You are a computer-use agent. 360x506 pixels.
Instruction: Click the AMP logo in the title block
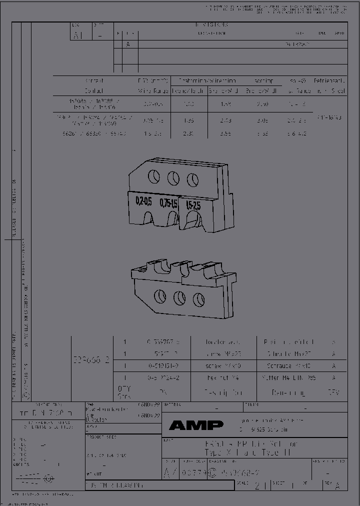click(196, 425)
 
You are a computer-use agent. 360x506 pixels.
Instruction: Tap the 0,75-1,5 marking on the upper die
click(168, 203)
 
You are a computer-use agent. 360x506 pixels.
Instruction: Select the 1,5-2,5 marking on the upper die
click(193, 205)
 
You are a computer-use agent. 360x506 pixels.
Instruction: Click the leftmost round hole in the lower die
click(160, 294)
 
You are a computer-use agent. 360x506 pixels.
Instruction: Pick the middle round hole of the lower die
click(179, 297)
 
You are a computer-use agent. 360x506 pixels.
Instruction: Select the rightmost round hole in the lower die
click(198, 300)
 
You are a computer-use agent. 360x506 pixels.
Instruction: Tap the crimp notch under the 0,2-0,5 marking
click(148, 219)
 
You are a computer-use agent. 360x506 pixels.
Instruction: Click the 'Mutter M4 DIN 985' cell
click(289, 378)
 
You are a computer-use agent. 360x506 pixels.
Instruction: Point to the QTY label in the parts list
click(123, 389)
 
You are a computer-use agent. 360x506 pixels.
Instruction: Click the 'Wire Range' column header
click(153, 91)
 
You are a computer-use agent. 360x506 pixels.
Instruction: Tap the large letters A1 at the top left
click(78, 35)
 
